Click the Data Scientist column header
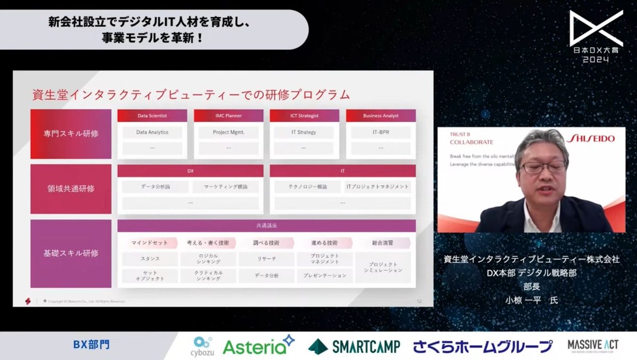point(152,115)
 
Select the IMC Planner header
point(229,115)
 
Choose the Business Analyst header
point(381,115)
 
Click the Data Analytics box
point(152,132)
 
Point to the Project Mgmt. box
point(229,132)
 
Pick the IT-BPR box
point(381,132)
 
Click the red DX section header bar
point(190,171)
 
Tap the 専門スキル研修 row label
point(71,134)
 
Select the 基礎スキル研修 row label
point(71,253)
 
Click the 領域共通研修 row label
point(71,188)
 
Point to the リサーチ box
point(266,259)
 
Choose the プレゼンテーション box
point(324,276)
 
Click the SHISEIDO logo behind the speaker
point(591,139)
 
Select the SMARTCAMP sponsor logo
point(355,346)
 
